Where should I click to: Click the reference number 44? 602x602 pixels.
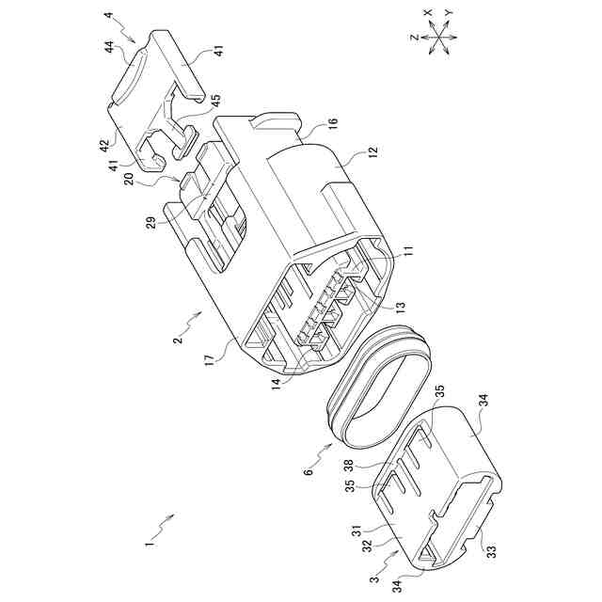pyautogui.click(x=110, y=48)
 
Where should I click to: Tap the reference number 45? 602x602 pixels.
pyautogui.click(x=216, y=101)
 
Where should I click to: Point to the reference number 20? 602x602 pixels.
pyautogui.click(x=130, y=179)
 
